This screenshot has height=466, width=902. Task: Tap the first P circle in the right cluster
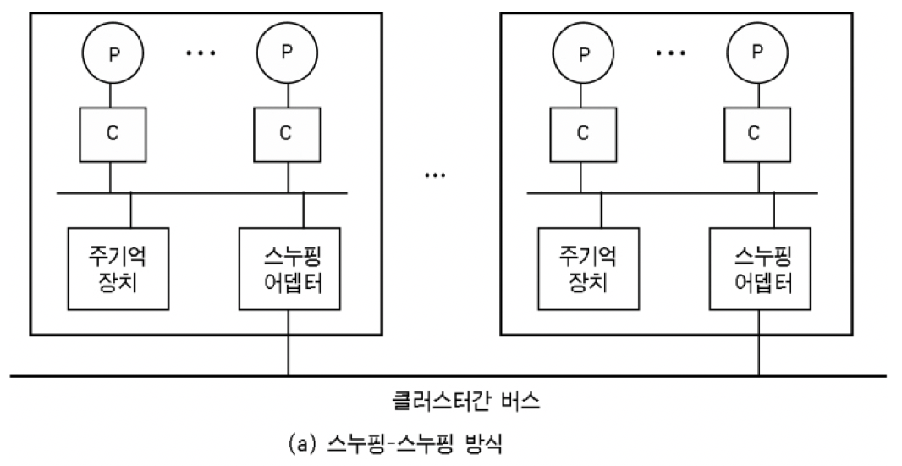coord(582,53)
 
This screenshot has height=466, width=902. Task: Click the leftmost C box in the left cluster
coord(111,132)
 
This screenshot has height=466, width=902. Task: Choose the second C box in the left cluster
coord(285,132)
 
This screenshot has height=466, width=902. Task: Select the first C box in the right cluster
coord(582,132)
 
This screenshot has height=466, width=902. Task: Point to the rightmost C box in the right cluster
coord(755,132)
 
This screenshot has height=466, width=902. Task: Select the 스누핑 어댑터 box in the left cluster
coord(289,268)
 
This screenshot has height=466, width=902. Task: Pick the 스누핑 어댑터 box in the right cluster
coord(759,268)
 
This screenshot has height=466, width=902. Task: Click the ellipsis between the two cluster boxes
coord(435,176)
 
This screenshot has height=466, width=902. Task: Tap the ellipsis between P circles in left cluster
coord(201,53)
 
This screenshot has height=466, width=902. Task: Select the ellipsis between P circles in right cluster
coord(670,53)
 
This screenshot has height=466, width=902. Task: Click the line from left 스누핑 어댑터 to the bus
coord(289,342)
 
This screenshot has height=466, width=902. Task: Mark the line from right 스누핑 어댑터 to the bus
coord(758,342)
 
